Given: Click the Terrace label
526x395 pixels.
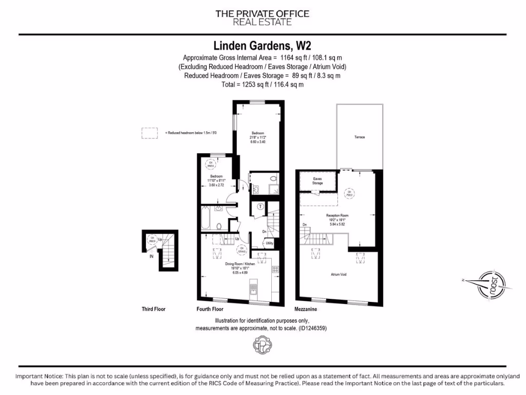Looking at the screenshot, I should coord(359,137).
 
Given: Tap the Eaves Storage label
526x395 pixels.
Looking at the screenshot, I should coord(317,181).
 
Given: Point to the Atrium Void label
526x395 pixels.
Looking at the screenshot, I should coord(338,275).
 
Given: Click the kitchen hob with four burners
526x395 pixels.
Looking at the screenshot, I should coord(275,269).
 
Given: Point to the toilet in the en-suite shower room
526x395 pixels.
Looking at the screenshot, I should coord(273,179).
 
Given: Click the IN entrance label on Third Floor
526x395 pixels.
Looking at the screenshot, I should coord(151,256).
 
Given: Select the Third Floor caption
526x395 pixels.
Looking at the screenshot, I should coord(154,309).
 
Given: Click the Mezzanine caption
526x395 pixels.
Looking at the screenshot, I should coord(305,309).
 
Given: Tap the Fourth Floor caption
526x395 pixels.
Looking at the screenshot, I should coord(210,309).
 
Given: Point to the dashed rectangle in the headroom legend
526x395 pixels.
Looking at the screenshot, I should coord(149,133).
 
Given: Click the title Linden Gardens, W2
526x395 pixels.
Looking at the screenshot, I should coord(262,47).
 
